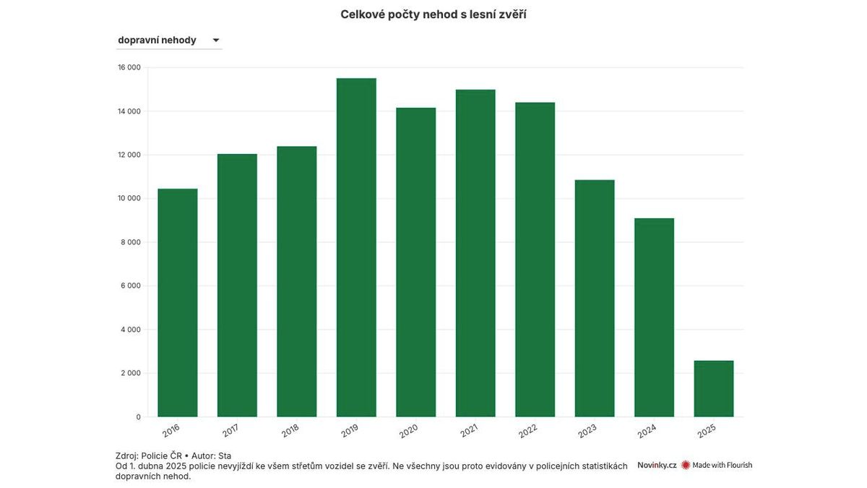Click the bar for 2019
pos(356,247)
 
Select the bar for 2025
pos(714,389)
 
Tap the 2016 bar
pos(178,303)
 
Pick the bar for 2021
pos(475,253)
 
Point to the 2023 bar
pos(595,298)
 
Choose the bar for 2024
pos(654,317)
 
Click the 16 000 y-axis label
pos(129,67)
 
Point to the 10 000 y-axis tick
pos(129,198)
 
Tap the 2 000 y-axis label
pos(131,373)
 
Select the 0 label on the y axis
pos(139,417)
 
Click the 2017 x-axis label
pos(230,431)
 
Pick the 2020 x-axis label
pos(409,431)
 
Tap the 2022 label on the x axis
pos(528,431)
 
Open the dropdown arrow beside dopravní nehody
pos(216,40)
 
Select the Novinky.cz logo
pos(657,465)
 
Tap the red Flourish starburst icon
pos(686,465)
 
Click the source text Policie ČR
pos(161,456)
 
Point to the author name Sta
pos(225,456)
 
